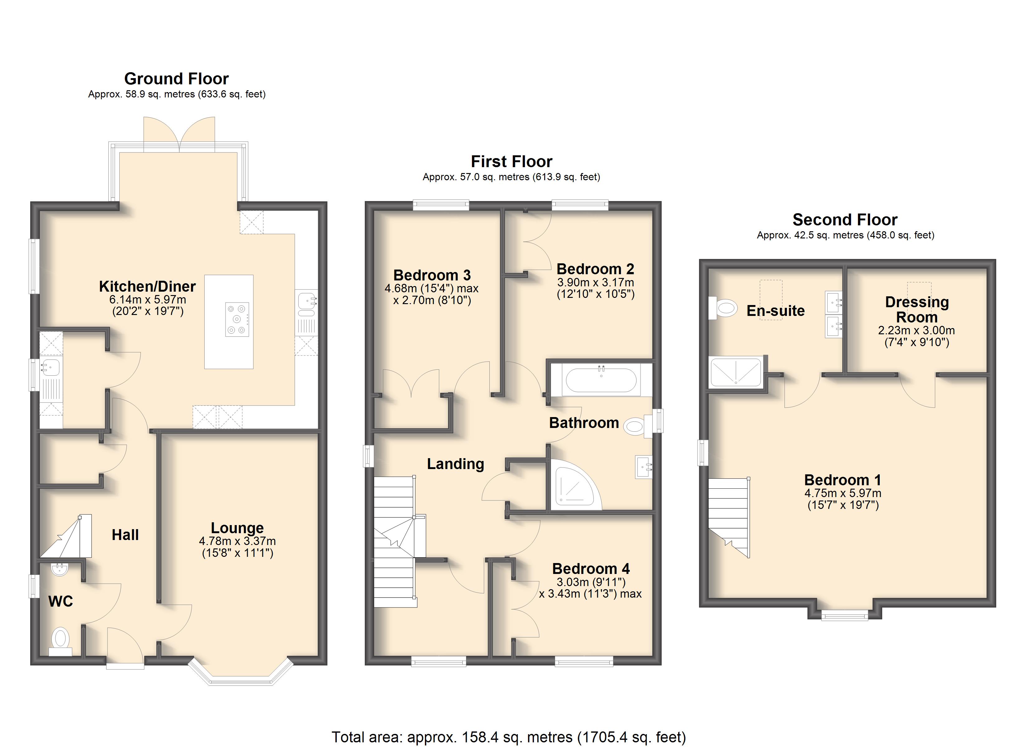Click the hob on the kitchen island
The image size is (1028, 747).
(x=237, y=319)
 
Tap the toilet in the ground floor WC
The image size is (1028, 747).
(x=60, y=641)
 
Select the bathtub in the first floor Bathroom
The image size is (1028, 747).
(x=601, y=379)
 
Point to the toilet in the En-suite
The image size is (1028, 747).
(x=723, y=308)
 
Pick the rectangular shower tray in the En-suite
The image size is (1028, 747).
(x=736, y=372)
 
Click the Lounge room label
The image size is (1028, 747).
(x=237, y=528)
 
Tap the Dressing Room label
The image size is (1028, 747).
(x=916, y=309)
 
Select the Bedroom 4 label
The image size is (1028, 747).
(x=591, y=569)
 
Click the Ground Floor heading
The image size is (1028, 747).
(x=176, y=79)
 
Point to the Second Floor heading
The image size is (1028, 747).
(x=845, y=220)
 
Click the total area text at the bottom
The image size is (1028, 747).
(x=509, y=737)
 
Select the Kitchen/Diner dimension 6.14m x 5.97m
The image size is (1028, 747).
(x=148, y=299)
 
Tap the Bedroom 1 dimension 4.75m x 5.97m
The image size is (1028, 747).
(x=843, y=493)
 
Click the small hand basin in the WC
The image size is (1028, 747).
(x=59, y=569)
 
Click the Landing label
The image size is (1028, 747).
(x=455, y=464)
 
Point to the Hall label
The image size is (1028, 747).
(x=125, y=535)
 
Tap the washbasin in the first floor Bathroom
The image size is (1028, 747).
(x=644, y=467)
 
